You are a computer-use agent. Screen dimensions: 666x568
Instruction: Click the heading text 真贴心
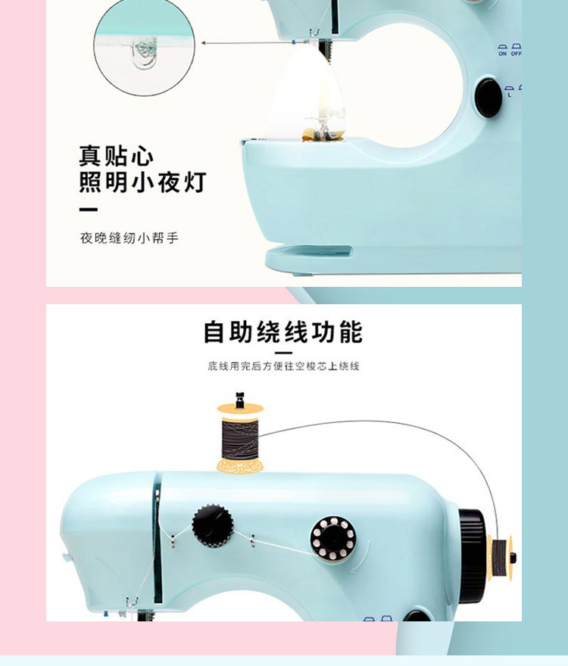(116, 157)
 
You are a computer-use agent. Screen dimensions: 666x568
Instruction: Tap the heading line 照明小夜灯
(142, 182)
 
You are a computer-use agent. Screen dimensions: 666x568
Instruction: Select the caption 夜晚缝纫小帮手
(130, 238)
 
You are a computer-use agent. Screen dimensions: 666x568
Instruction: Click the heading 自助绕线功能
(283, 331)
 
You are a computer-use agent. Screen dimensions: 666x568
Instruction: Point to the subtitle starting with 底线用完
(283, 366)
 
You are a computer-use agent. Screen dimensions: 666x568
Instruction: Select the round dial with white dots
(333, 538)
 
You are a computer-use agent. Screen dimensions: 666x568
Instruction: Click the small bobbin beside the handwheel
(501, 558)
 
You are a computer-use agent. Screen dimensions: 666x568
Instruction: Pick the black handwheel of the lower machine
(472, 556)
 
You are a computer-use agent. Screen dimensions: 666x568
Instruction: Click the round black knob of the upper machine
(488, 97)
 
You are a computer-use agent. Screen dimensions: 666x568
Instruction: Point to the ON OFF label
(510, 51)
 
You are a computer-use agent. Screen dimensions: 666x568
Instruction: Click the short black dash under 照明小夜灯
(89, 210)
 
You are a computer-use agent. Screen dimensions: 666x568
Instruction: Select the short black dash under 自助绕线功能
(283, 353)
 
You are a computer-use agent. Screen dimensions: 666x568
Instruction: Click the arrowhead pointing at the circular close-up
(203, 43)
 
